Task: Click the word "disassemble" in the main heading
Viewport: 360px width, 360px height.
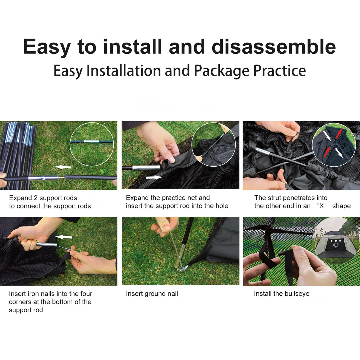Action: pos(274,46)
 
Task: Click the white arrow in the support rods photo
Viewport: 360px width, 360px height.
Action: pos(63,167)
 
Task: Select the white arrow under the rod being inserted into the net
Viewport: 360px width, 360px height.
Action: pos(154,177)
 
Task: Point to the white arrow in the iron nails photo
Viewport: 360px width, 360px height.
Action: pos(64,237)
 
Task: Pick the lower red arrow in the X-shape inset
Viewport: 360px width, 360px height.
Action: pos(327,151)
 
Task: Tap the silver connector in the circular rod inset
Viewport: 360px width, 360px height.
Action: pos(91,141)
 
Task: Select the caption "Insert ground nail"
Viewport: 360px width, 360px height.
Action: pos(152,294)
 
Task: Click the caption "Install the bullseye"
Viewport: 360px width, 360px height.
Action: pos(281,294)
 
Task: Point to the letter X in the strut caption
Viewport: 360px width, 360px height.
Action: pos(321,206)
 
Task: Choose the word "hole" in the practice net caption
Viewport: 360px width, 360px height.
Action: pos(222,206)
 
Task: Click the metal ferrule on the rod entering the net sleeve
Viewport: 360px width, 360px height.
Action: pos(146,168)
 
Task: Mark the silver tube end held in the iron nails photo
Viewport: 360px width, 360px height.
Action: pos(47,245)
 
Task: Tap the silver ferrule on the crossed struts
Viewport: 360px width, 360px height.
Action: pos(263,151)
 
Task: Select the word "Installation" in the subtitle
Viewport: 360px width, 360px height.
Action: pos(124,71)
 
